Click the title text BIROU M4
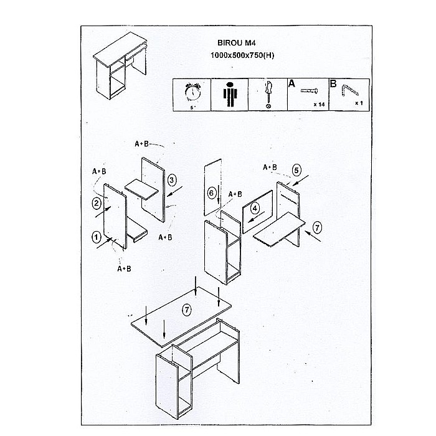[x=236, y=43]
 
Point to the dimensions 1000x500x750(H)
[x=242, y=55]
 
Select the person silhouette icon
[x=229, y=95]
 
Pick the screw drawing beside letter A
[x=309, y=90]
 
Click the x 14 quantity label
[x=319, y=105]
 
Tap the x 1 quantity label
[x=359, y=103]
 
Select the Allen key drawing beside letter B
[x=350, y=90]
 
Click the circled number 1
[x=96, y=237]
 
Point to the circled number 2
[x=96, y=203]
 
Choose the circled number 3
[x=172, y=180]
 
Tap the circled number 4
[x=255, y=208]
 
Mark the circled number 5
[x=296, y=170]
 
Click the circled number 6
[x=212, y=193]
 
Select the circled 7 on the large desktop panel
[x=187, y=310]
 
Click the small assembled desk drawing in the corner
[x=120, y=65]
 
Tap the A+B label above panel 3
[x=141, y=144]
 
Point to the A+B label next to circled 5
[x=270, y=167]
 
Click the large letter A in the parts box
[x=291, y=83]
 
